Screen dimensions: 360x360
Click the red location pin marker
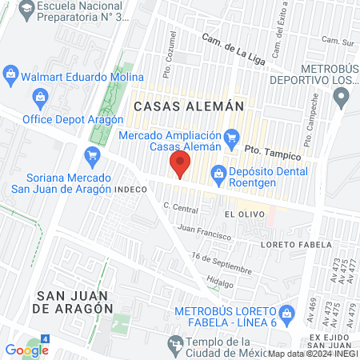[180, 166]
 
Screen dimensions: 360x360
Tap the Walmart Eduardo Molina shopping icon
[10, 77]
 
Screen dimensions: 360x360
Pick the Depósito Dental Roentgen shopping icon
[218, 171]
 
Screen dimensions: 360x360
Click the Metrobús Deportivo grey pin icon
[342, 99]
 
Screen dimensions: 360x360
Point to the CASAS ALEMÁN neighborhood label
[177, 106]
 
